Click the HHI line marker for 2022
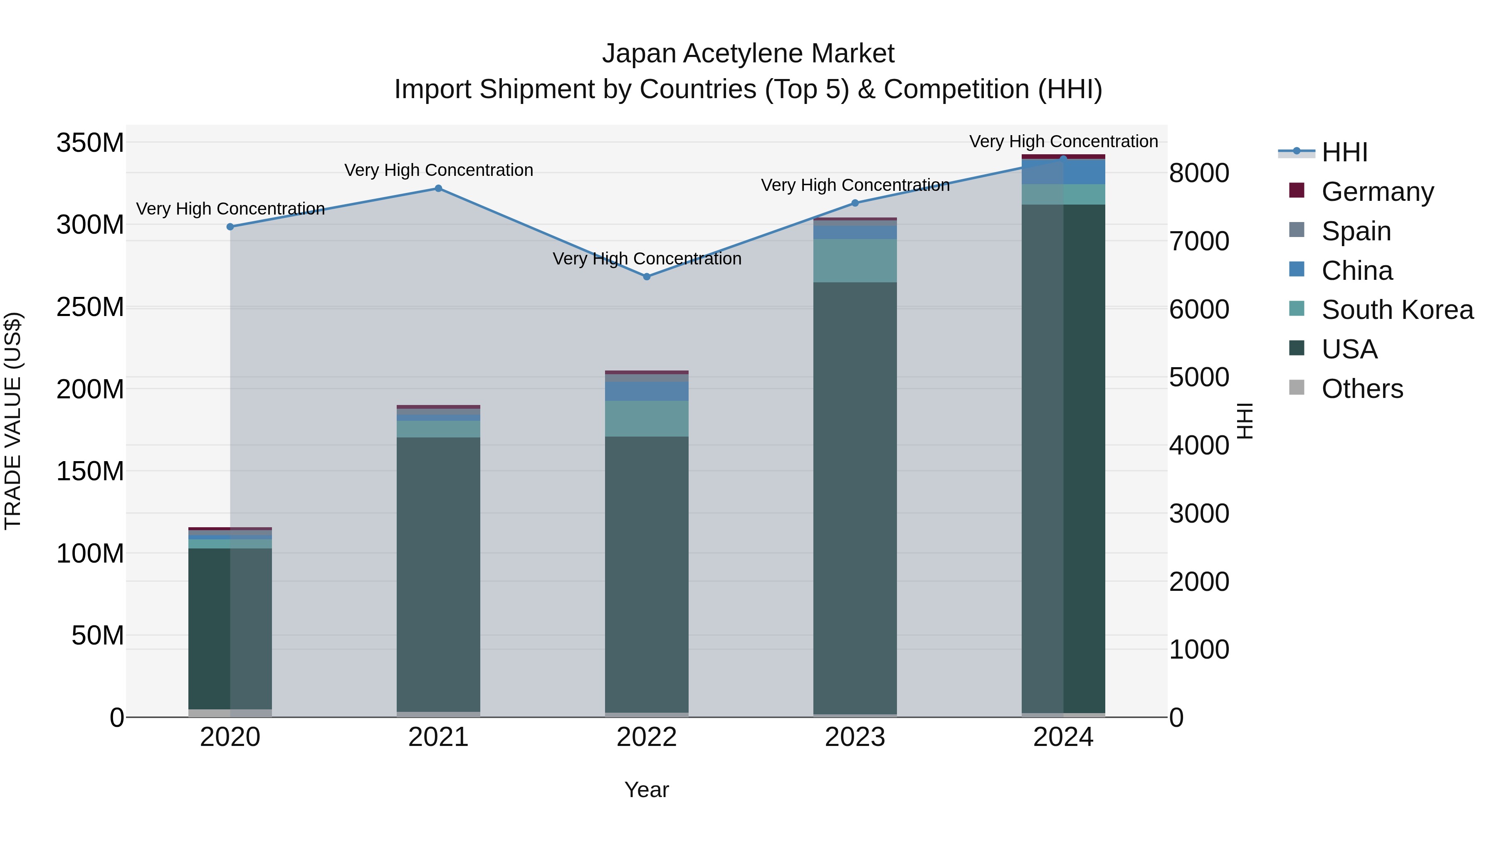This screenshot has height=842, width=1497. pyautogui.click(x=647, y=277)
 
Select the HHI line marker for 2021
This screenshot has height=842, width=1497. pyautogui.click(x=438, y=188)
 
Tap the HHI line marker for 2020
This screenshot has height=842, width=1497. pyautogui.click(x=230, y=227)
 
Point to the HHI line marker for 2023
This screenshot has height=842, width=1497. pyautogui.click(x=855, y=203)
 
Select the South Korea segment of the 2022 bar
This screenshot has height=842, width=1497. pyautogui.click(x=647, y=418)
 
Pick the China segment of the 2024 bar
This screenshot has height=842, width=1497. pyautogui.click(x=1063, y=172)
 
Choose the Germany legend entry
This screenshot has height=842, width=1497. pyautogui.click(x=1377, y=191)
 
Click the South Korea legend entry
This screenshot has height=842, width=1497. pyautogui.click(x=1397, y=310)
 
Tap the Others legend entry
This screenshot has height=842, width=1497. pyautogui.click(x=1361, y=389)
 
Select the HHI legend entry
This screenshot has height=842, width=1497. pyautogui.click(x=1344, y=152)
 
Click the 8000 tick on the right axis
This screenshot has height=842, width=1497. pyautogui.click(x=1199, y=173)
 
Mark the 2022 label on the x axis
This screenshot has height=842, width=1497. pyautogui.click(x=647, y=737)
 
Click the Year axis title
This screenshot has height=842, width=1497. pyautogui.click(x=646, y=790)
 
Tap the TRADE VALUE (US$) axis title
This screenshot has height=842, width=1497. pyautogui.click(x=13, y=421)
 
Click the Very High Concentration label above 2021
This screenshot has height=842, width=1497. pyautogui.click(x=438, y=170)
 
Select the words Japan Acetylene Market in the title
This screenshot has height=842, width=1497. pyautogui.click(x=748, y=54)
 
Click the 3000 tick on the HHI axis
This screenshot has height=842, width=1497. pyautogui.click(x=1199, y=514)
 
